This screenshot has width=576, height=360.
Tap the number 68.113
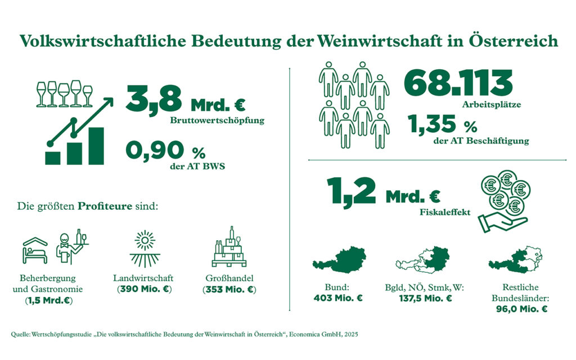tap(458, 84)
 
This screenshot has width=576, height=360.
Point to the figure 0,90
tap(154, 151)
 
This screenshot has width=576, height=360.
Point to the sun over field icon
tap(145, 249)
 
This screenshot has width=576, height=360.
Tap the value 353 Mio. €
tap(229, 290)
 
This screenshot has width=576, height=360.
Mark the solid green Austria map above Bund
tap(339, 260)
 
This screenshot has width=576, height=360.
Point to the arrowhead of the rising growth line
tap(109, 102)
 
